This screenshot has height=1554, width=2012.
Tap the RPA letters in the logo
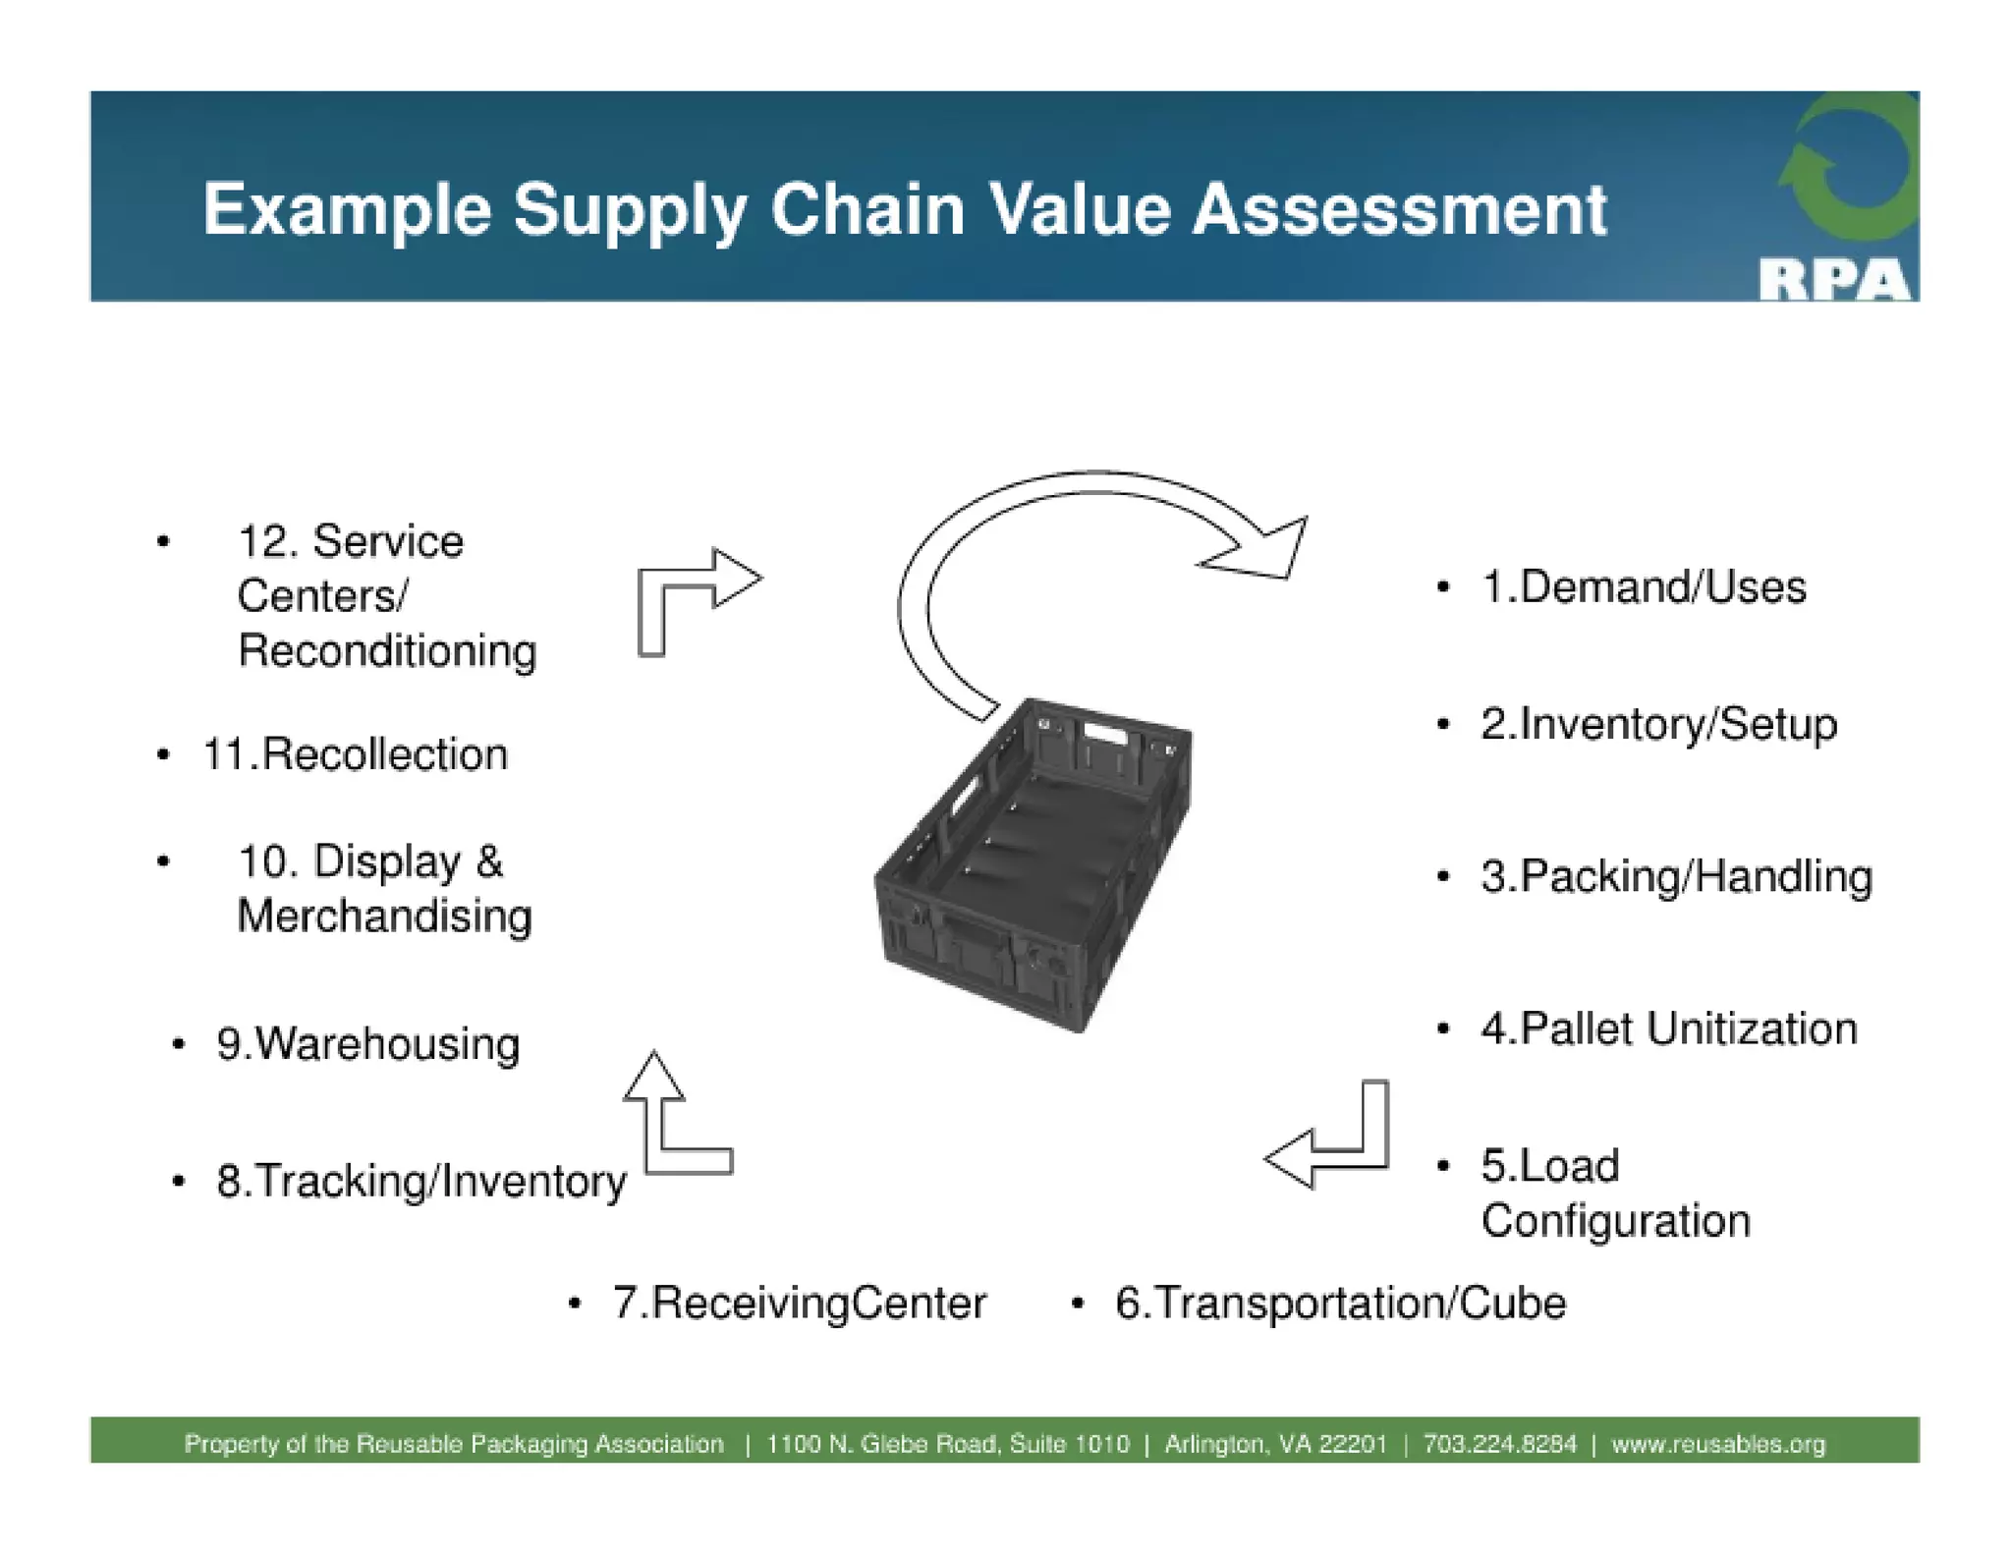(x=1833, y=280)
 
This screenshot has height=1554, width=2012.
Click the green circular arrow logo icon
(x=1847, y=167)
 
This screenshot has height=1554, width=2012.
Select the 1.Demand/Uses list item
(x=1643, y=587)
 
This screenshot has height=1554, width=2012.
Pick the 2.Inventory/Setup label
(x=1658, y=725)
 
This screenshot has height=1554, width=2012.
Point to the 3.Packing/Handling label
(x=1676, y=876)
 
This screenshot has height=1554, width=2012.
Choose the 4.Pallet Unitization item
(x=1668, y=1029)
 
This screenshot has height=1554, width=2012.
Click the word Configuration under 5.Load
(x=1615, y=1221)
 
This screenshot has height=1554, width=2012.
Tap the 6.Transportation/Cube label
(x=1340, y=1304)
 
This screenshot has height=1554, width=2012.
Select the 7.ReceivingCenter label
(x=799, y=1304)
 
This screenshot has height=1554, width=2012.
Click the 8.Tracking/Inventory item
(x=420, y=1181)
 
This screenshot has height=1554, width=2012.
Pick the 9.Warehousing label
(x=367, y=1044)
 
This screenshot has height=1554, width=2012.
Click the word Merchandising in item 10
(x=384, y=916)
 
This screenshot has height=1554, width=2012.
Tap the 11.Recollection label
(x=355, y=754)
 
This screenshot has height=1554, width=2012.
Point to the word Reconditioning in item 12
(x=387, y=651)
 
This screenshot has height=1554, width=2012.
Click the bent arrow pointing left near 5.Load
(x=1336, y=1149)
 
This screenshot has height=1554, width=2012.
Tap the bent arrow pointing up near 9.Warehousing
(x=668, y=1130)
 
